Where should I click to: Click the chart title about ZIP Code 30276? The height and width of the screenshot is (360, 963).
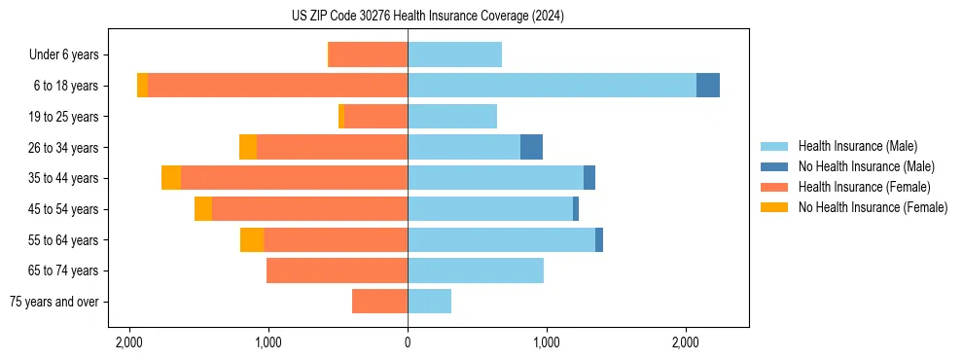click(x=427, y=16)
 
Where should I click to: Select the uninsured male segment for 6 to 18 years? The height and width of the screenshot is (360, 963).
click(x=708, y=86)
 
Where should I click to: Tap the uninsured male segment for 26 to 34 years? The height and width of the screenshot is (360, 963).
click(x=531, y=147)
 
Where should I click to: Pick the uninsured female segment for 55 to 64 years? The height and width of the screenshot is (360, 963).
click(x=252, y=239)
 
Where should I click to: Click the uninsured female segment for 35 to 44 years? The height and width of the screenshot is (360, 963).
click(x=171, y=178)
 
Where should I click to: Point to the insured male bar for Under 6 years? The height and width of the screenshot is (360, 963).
click(x=454, y=54)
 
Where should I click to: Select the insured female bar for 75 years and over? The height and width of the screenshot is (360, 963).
click(x=379, y=302)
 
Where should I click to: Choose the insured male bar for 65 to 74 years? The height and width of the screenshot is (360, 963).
click(x=476, y=270)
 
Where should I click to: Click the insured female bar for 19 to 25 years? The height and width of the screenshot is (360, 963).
click(x=375, y=117)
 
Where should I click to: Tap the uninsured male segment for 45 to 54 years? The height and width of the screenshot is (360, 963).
click(x=576, y=209)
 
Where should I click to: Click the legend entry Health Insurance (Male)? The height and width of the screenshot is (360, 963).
click(x=856, y=146)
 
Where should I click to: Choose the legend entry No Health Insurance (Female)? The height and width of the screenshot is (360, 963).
click(x=873, y=207)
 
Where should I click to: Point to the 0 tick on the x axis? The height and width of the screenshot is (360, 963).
click(x=408, y=342)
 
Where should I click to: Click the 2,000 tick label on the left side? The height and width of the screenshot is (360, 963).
click(x=129, y=342)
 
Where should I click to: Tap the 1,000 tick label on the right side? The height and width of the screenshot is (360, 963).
click(x=547, y=342)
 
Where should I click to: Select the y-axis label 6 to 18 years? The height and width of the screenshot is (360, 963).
click(x=65, y=86)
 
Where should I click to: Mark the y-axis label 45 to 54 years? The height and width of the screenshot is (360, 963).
click(x=62, y=209)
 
